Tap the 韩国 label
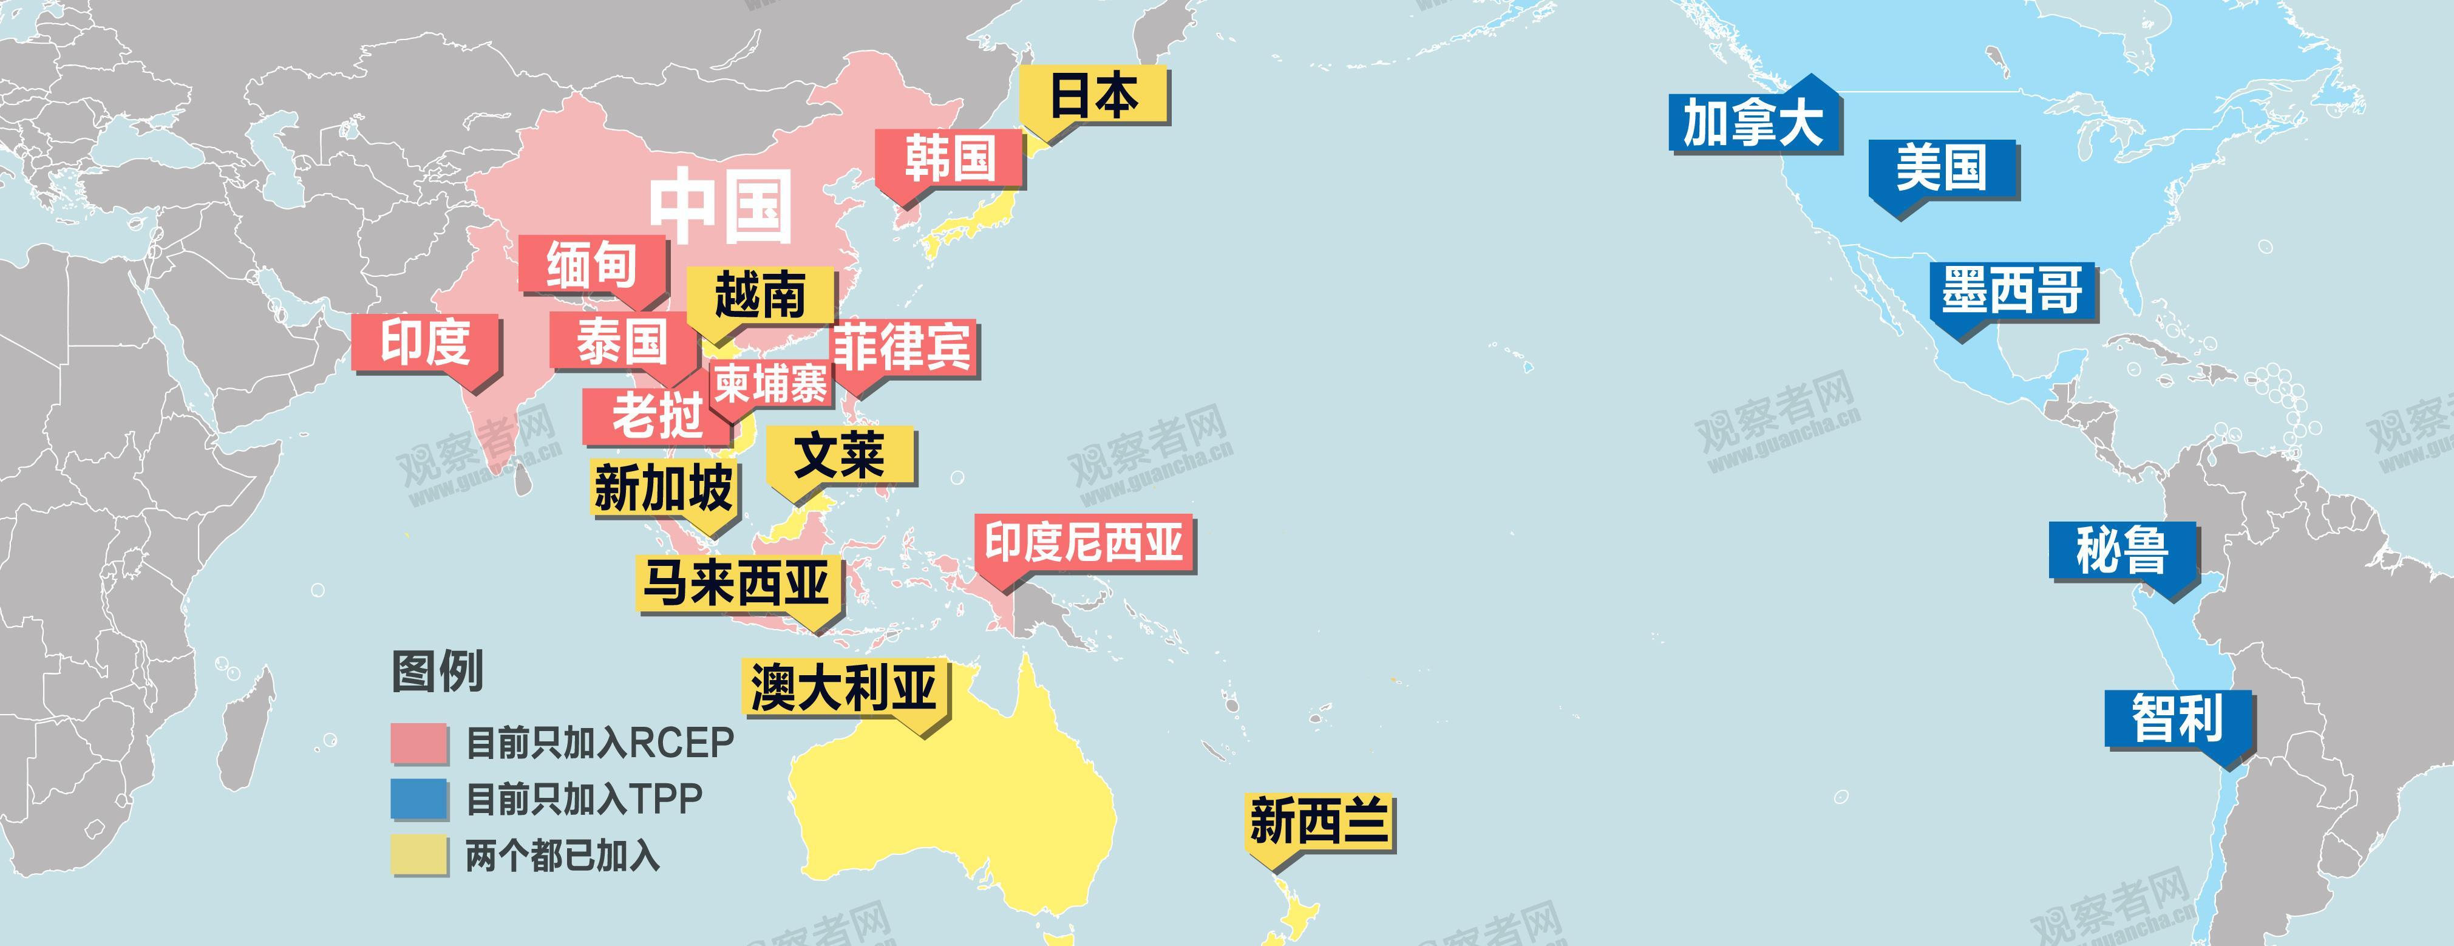coord(950,157)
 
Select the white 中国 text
coord(721,206)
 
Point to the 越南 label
coord(760,294)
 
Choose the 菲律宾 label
coord(903,347)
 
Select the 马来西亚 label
coord(737,582)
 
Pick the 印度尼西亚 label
coord(1083,543)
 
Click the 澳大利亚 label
coord(844,686)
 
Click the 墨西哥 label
coord(2012,291)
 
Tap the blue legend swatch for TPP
coord(418,799)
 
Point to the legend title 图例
coord(437,671)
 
